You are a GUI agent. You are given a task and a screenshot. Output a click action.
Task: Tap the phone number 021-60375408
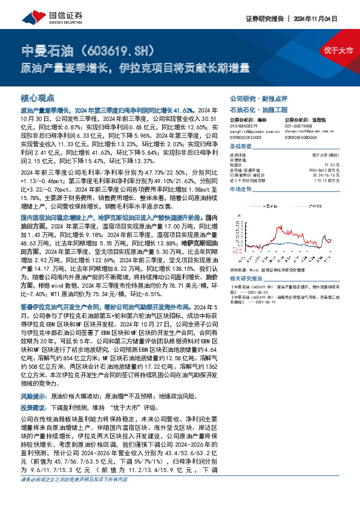[x=299, y=126]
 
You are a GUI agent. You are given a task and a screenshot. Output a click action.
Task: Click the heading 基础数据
[x=241, y=148]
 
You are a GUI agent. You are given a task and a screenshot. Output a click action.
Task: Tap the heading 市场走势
[x=241, y=190]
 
